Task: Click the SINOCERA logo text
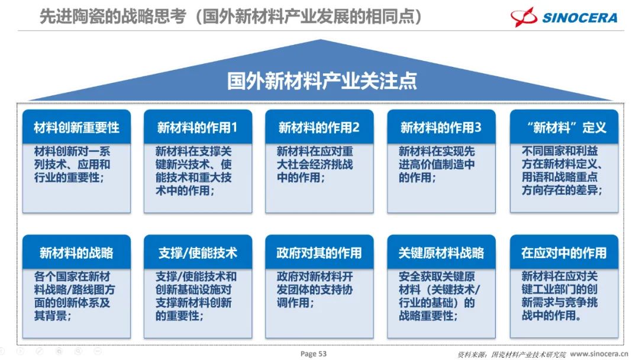tap(579, 18)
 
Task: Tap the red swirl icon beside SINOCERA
tap(524, 17)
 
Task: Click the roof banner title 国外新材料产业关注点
tap(322, 81)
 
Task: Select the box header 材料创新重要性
tap(76, 128)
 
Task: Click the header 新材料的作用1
tap(197, 128)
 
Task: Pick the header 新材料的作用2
tap(319, 128)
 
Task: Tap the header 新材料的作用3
tap(441, 128)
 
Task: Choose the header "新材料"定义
tap(564, 128)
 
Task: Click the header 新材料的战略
tap(76, 253)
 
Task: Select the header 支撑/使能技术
tap(198, 253)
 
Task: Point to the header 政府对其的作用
tap(319, 253)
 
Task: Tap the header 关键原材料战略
tap(441, 253)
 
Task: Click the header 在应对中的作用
tap(564, 253)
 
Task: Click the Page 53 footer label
tap(314, 353)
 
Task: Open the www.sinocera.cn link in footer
tap(599, 353)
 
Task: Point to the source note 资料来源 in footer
tap(511, 354)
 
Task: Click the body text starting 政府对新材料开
tap(315, 290)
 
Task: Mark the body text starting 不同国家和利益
tap(562, 171)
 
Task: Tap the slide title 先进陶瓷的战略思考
tap(113, 17)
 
